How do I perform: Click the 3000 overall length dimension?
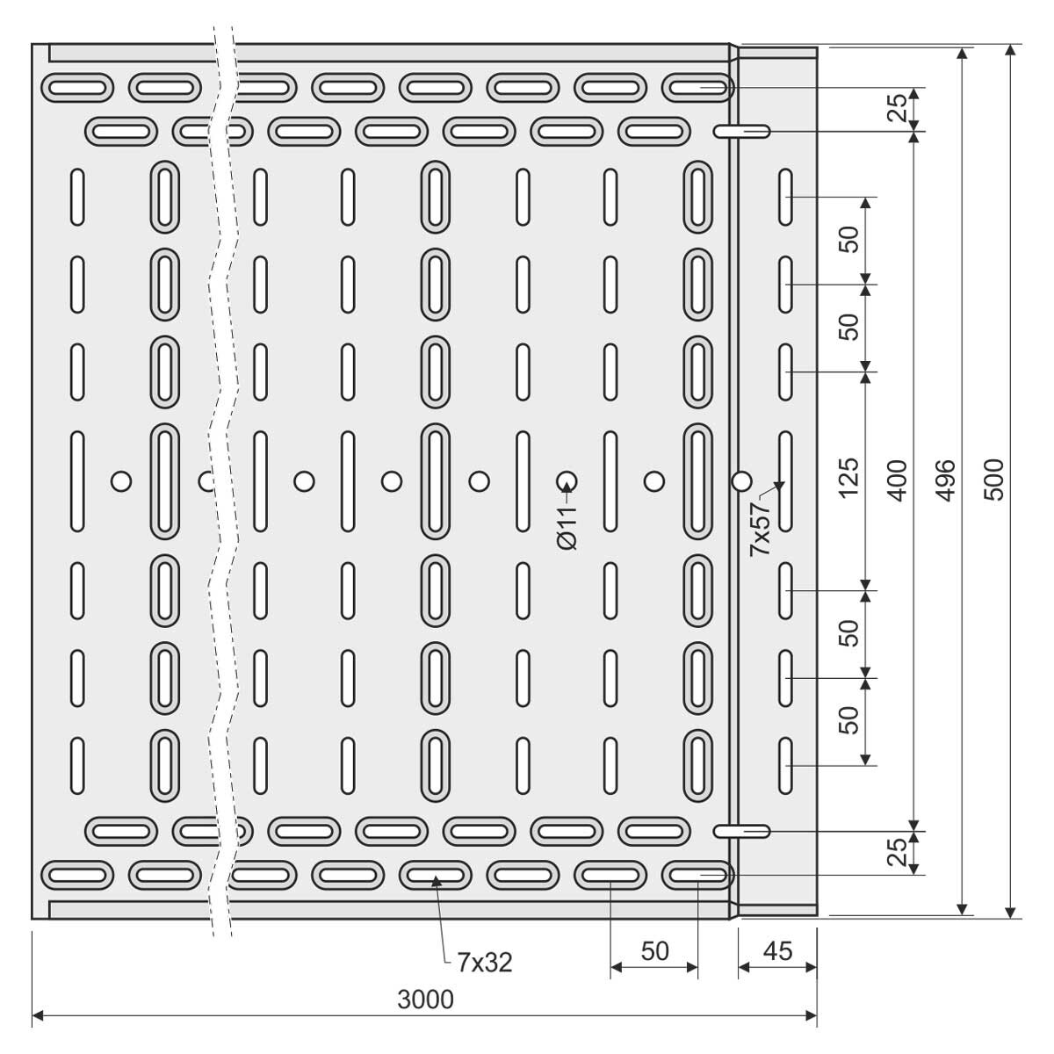[425, 1000]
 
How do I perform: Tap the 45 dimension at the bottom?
[777, 951]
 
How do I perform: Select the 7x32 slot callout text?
[485, 963]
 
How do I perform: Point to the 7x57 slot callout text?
[760, 529]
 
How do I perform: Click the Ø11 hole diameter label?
[567, 527]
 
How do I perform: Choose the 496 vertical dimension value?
[946, 480]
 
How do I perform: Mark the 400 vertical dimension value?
[898, 480]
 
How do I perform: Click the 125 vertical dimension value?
[848, 478]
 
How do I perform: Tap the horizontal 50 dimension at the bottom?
[654, 951]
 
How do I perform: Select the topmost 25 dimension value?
[898, 108]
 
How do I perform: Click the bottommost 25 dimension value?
[898, 852]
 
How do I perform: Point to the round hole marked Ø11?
[567, 481]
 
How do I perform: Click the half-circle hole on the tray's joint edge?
[741, 481]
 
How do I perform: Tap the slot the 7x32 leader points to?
[436, 875]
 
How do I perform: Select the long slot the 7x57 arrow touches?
[785, 481]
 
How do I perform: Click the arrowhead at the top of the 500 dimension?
[1011, 51]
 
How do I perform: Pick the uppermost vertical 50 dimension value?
[848, 239]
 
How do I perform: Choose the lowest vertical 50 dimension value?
[848, 720]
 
